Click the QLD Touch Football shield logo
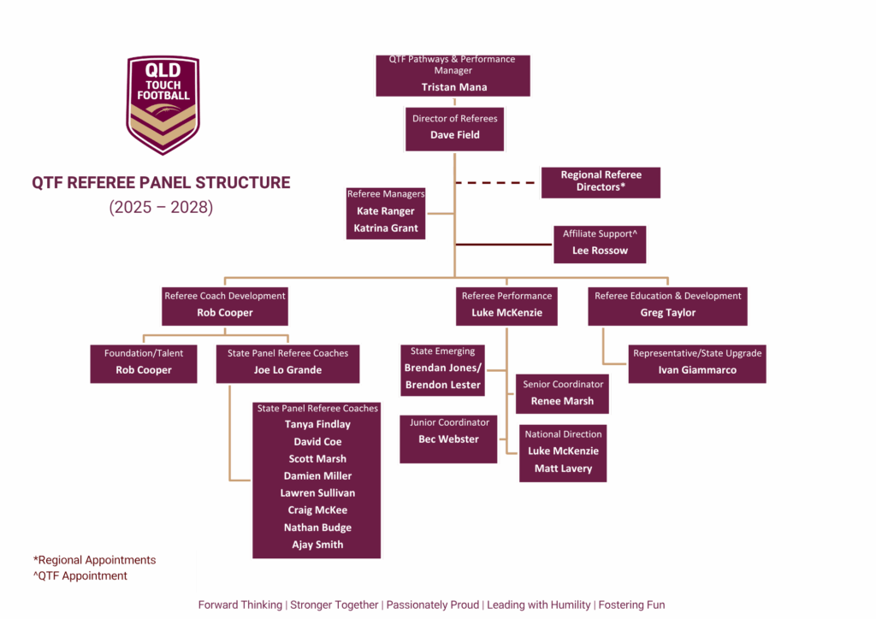tap(163, 103)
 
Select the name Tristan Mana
tap(453, 87)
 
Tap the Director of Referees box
tap(454, 127)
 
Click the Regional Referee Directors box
tap(601, 181)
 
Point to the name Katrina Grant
tap(386, 228)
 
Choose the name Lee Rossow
tap(600, 251)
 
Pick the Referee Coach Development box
tap(225, 305)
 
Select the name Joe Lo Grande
tap(287, 370)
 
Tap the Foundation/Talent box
tap(144, 363)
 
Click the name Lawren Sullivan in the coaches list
tap(317, 493)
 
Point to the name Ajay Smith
tap(317, 545)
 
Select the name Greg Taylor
tap(668, 313)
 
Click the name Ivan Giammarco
tap(696, 370)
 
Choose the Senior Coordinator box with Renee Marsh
tap(562, 393)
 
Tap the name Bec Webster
tap(448, 439)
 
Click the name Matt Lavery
tap(563, 469)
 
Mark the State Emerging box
tap(443, 368)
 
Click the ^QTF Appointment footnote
tap(80, 576)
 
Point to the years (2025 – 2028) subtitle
tap(161, 207)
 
